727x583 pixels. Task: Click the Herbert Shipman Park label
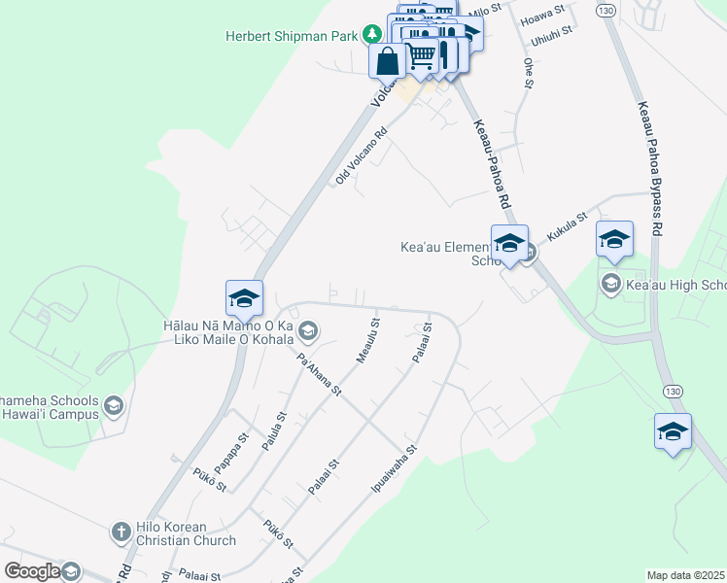292,35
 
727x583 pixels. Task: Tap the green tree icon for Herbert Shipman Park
371,35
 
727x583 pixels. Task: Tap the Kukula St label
568,227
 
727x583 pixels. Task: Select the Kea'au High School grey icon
611,285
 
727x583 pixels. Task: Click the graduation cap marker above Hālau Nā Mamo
244,296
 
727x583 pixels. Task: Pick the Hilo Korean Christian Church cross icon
121,532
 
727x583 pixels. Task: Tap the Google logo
32,571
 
